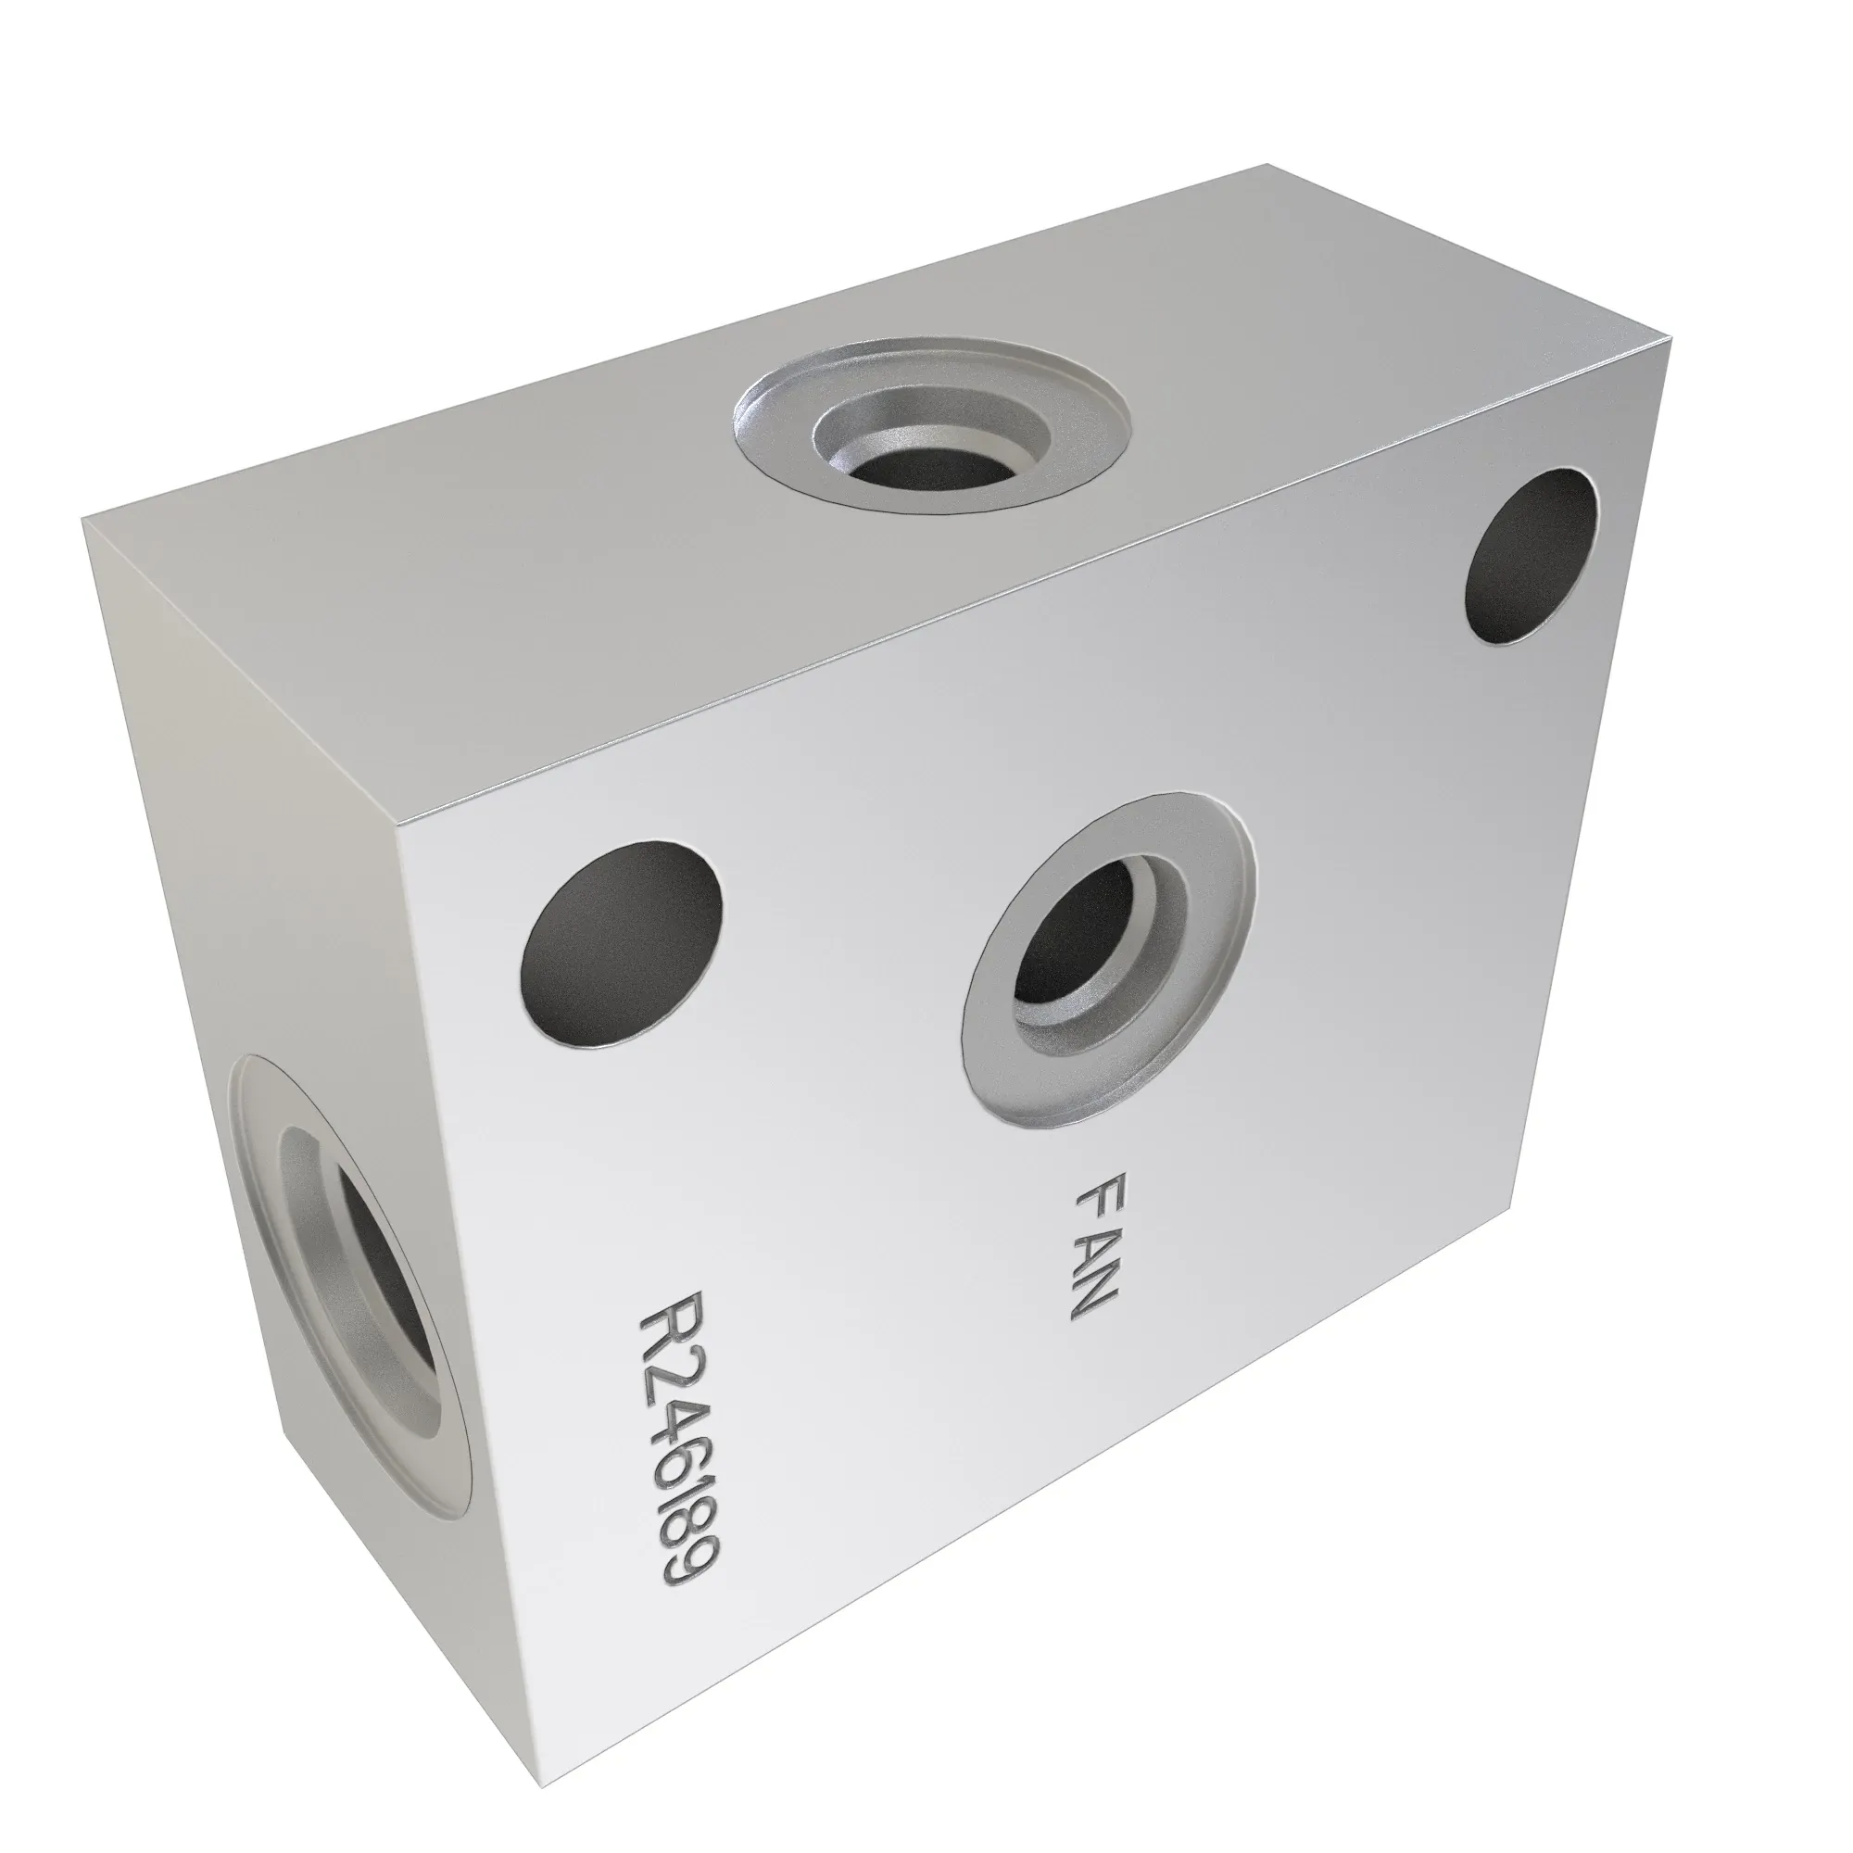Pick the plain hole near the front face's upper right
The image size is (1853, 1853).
pyautogui.click(x=1532, y=555)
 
